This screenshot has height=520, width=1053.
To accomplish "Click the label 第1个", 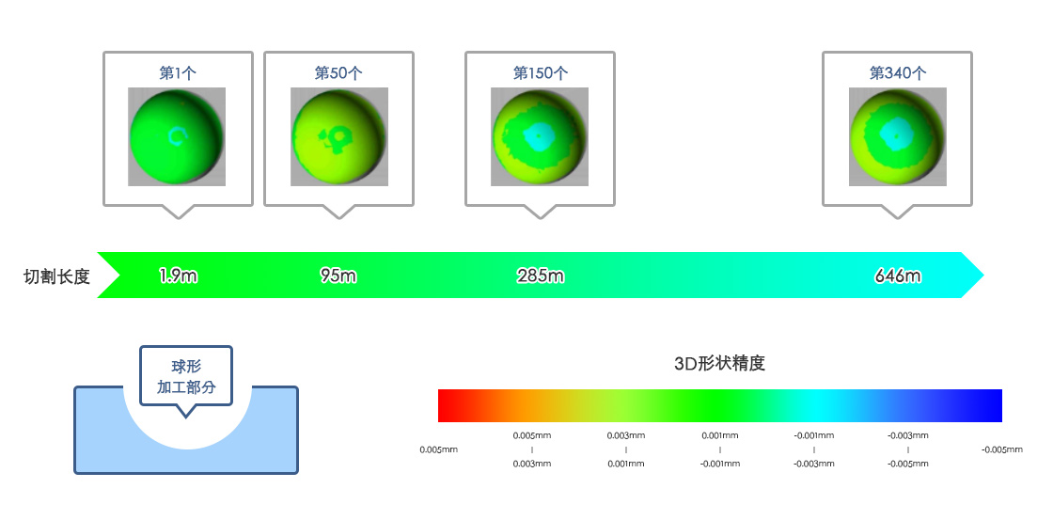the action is (178, 73).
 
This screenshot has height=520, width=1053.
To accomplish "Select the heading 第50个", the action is (338, 73).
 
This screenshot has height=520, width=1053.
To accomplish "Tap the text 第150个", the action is (540, 73).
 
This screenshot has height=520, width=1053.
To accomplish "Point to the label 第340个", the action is (897, 73).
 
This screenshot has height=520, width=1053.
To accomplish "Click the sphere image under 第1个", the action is (177, 136).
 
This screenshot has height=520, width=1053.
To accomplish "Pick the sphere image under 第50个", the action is (339, 136).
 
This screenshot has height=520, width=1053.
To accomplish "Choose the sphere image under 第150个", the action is (540, 136).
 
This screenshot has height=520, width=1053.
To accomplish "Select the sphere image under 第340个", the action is (897, 136).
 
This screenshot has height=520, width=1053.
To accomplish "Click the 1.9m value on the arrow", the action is (179, 276).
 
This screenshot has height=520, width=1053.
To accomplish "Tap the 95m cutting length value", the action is (338, 276).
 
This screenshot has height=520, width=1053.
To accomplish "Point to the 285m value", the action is (541, 276).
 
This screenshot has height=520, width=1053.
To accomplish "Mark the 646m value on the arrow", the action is (898, 276).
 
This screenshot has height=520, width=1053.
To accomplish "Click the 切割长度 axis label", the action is (56, 276).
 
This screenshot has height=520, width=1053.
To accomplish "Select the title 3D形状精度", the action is (720, 364).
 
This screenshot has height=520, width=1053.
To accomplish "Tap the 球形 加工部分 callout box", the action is (186, 376).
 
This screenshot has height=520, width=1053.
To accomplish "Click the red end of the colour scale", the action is (446, 406).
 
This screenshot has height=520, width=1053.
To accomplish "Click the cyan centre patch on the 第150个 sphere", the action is (540, 136).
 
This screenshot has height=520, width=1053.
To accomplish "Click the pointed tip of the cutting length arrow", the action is (983, 275).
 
